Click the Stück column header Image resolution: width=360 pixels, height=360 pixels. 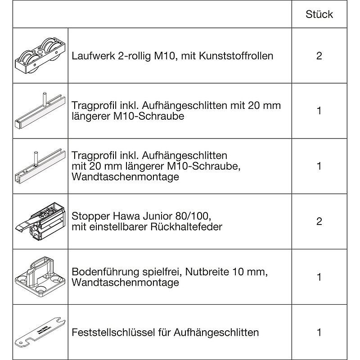319,14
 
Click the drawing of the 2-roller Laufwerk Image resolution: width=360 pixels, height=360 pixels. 40,56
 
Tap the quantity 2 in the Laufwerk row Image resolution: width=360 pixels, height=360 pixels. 319,56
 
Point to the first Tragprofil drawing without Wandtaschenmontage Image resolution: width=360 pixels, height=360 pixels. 40,111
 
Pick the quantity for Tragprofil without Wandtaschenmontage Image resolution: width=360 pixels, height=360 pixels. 319,111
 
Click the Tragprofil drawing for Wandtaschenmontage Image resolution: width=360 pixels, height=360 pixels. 40,166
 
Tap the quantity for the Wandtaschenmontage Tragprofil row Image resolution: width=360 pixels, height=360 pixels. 319,166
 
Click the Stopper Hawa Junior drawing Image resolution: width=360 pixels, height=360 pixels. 40,220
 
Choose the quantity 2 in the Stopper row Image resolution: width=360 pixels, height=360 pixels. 319,221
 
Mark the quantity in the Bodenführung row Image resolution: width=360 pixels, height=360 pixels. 319,276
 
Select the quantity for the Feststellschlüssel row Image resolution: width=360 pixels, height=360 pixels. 319,333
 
